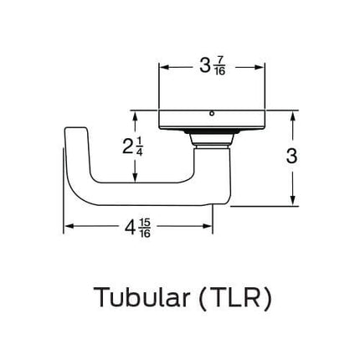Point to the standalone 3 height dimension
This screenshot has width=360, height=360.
coord(292,156)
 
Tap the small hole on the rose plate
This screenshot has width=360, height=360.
coord(213,113)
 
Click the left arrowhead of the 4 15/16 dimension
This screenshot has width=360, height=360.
coord(68,227)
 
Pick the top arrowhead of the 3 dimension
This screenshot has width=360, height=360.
coord(292,113)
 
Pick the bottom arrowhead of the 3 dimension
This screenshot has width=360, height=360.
coord(292,201)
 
